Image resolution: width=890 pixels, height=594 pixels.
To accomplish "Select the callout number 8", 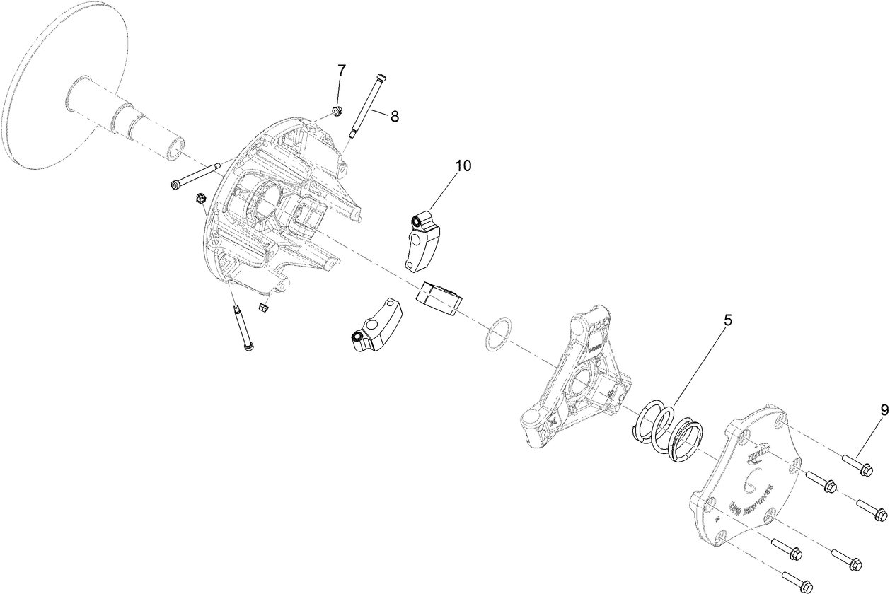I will (x=394, y=117).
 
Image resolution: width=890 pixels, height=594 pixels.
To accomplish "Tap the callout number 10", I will (x=463, y=165).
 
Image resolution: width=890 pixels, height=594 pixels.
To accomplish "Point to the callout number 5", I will (x=727, y=320).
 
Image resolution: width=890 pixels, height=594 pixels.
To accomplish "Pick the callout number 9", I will (x=884, y=409).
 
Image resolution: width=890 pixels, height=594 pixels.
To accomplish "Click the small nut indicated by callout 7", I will (x=338, y=110).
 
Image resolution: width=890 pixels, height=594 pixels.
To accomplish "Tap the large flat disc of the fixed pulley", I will (x=42, y=92).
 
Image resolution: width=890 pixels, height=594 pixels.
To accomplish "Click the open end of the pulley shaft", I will (x=174, y=148).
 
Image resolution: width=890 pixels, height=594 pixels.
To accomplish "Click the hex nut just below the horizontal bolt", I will (x=200, y=199).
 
